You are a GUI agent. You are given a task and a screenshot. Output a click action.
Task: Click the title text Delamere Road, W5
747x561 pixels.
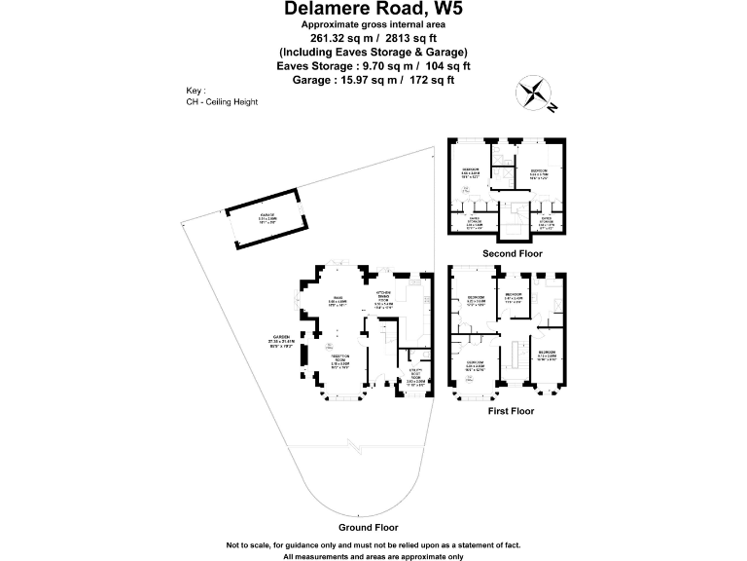(373, 9)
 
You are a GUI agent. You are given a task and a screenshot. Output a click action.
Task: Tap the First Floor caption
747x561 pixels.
(511, 412)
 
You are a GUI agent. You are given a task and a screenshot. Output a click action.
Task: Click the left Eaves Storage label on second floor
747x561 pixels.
(475, 222)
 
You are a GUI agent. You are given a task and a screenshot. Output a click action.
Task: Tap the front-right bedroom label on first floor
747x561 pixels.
(546, 355)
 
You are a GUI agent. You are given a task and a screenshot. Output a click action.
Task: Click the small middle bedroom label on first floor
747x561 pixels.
(514, 297)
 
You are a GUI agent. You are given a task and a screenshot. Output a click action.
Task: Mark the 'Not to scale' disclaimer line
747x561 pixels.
(373, 543)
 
